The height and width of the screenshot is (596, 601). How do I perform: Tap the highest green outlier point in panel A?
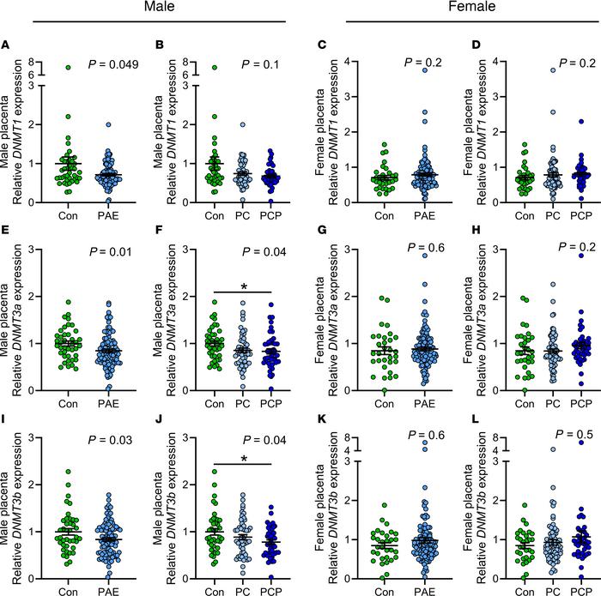(38, 67)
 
